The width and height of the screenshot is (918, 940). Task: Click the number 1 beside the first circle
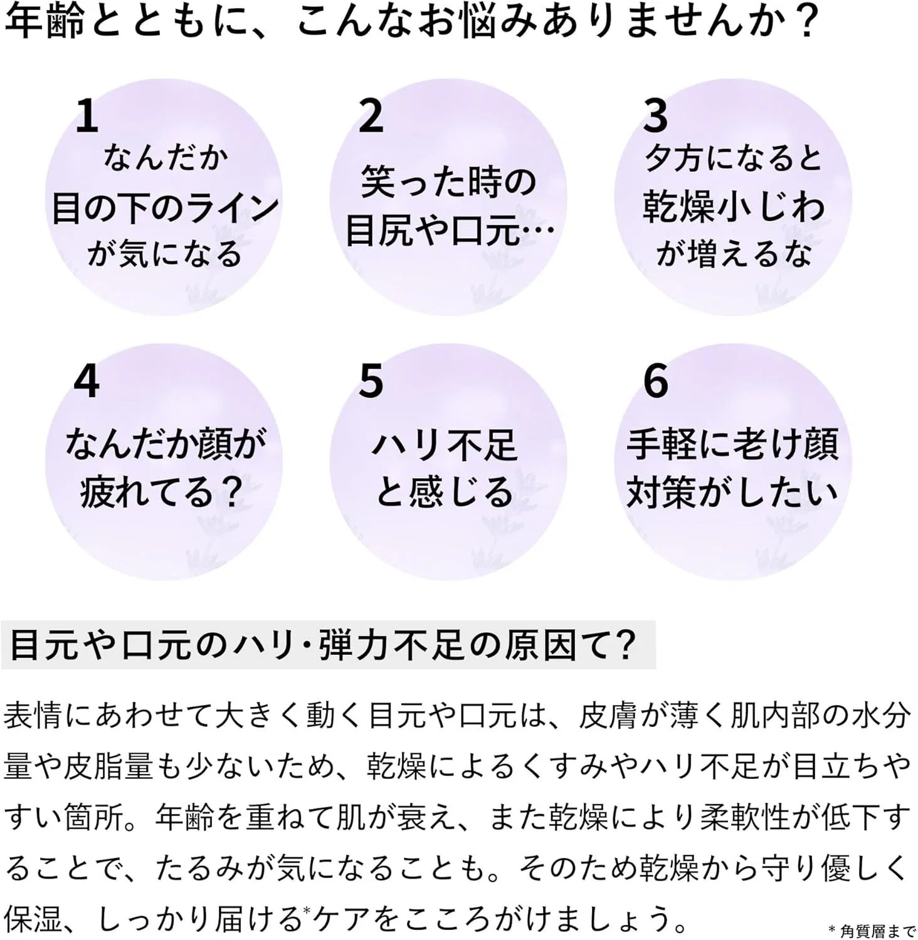pos(87,116)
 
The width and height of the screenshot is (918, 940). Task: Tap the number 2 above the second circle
pos(371,116)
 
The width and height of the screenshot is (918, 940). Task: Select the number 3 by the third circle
pos(656,116)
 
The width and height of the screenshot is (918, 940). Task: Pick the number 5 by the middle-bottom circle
pos(371,381)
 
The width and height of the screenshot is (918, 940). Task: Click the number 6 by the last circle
pos(656,381)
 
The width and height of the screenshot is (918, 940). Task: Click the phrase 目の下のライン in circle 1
pos(165,208)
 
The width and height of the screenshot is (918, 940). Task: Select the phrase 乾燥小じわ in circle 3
pos(733,207)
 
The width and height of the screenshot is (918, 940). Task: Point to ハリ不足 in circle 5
pos(445,446)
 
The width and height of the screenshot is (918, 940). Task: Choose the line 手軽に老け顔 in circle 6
pos(732,444)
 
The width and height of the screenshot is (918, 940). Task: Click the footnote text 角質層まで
pos(877,931)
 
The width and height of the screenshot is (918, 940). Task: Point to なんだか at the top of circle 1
pos(166,157)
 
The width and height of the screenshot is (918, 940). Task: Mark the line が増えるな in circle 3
pos(734,254)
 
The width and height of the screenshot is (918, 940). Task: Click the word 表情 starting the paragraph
pos(34,716)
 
